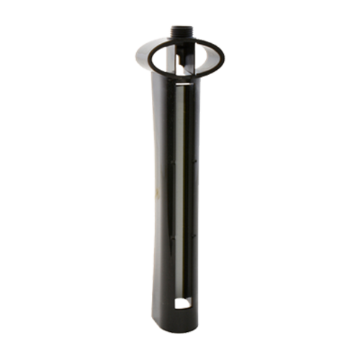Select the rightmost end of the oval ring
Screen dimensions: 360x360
coord(225,56)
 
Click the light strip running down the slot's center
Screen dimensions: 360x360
coord(184,187)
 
